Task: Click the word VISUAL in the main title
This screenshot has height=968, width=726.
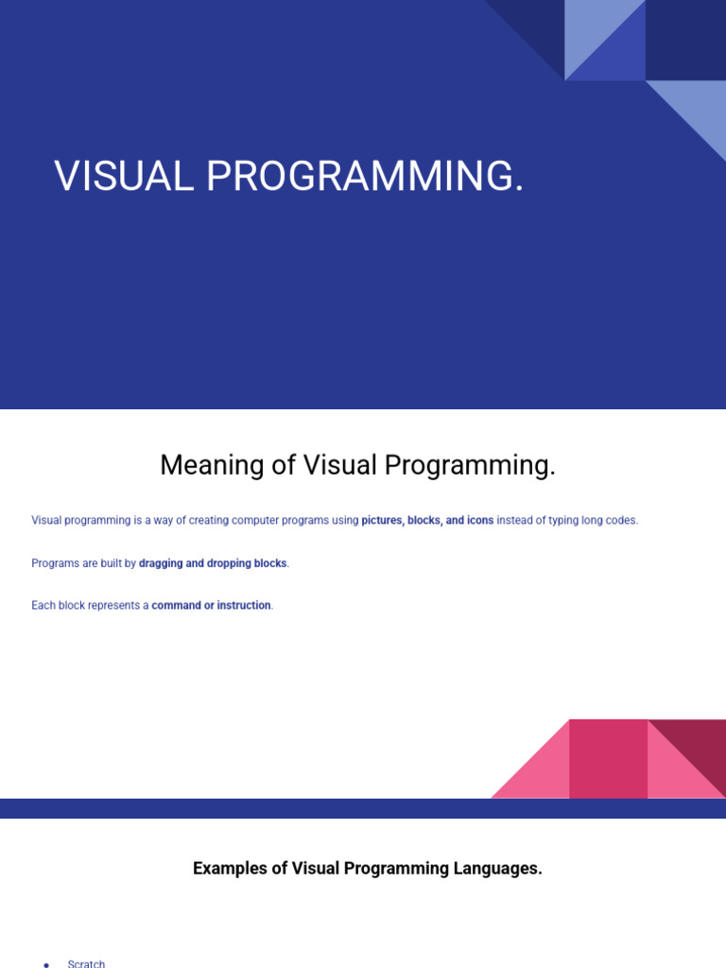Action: (124, 176)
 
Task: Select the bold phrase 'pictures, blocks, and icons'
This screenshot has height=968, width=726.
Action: (427, 521)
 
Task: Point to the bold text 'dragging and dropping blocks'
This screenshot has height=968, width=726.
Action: (213, 563)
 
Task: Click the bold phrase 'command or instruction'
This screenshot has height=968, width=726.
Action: (211, 606)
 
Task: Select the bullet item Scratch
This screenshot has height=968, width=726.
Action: (86, 963)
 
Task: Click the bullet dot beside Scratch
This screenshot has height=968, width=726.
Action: (46, 964)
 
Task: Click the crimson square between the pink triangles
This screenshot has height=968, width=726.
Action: (608, 759)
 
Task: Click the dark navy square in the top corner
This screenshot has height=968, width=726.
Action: (686, 40)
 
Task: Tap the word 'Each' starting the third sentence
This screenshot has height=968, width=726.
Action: (43, 606)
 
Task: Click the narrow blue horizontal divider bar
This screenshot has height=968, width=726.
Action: (363, 809)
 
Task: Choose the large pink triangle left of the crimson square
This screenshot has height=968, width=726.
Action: (544, 771)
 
